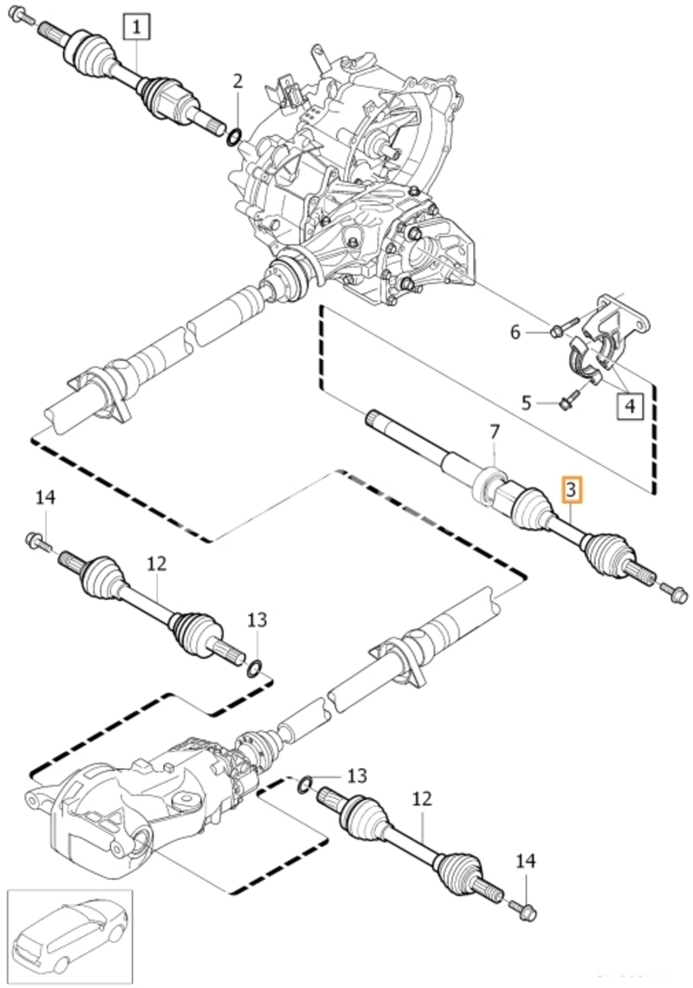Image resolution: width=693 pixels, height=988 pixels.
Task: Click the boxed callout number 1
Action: [138, 29]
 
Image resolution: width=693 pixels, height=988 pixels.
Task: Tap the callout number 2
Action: [237, 82]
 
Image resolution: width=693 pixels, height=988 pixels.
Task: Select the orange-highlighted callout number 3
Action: [571, 490]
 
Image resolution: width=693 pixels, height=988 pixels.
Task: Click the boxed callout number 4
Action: [629, 406]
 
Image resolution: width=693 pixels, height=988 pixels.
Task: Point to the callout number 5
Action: [528, 402]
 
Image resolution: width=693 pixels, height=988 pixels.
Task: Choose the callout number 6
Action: [515, 332]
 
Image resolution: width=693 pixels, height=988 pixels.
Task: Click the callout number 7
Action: [495, 432]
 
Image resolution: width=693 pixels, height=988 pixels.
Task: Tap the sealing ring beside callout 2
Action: [234, 137]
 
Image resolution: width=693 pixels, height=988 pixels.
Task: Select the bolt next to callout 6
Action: [565, 327]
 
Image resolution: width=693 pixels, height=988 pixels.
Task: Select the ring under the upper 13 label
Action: [254, 668]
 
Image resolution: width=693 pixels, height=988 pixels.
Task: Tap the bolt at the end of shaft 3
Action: [672, 592]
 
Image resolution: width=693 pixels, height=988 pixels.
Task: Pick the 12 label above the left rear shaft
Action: [157, 564]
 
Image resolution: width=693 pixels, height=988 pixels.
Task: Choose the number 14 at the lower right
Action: [526, 861]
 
